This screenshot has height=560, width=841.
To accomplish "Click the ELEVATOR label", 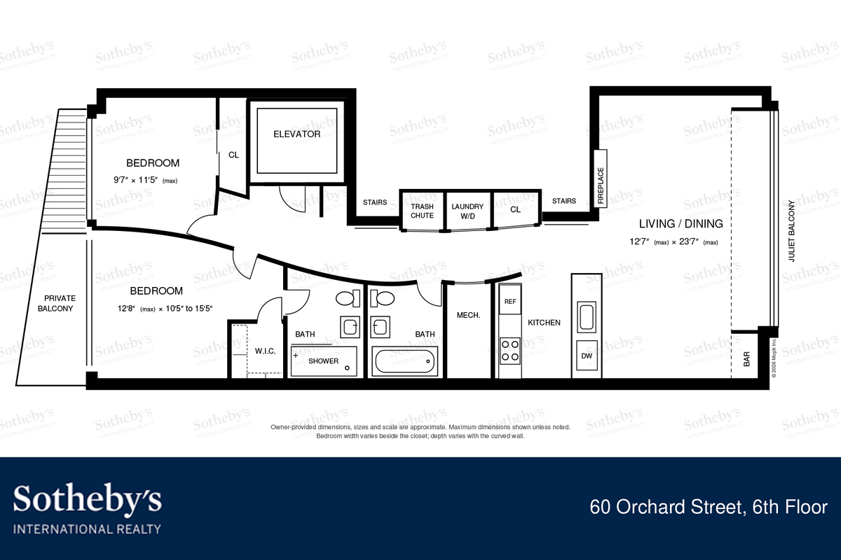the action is pyautogui.click(x=296, y=134).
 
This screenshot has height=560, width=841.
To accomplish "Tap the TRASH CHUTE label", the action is pyautogui.click(x=422, y=211).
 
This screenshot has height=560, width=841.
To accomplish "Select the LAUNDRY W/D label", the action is pyautogui.click(x=467, y=211).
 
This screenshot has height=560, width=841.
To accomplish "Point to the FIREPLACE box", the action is pyautogui.click(x=601, y=178).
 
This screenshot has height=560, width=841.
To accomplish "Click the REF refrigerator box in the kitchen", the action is pyautogui.click(x=510, y=300).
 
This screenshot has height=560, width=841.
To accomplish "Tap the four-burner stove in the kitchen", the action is pyautogui.click(x=510, y=351).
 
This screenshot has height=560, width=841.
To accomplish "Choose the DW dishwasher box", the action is pyautogui.click(x=587, y=355).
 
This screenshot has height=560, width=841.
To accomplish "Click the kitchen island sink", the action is pyautogui.click(x=587, y=317).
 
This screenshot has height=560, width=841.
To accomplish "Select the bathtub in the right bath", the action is pyautogui.click(x=405, y=361).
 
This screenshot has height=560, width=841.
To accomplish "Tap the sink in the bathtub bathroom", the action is pyautogui.click(x=380, y=327).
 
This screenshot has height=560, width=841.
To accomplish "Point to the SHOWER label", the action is pyautogui.click(x=323, y=360).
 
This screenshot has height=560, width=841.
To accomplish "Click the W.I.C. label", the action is pyautogui.click(x=265, y=351).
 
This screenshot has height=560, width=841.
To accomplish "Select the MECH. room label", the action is pyautogui.click(x=468, y=315).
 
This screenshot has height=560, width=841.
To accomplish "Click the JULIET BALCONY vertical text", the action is pyautogui.click(x=791, y=231).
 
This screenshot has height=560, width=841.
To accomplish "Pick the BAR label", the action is pyautogui.click(x=746, y=359).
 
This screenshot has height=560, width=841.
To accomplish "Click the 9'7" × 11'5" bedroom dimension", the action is pyautogui.click(x=145, y=180).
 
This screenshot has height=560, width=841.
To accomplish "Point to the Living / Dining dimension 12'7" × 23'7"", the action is pyautogui.click(x=674, y=241).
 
